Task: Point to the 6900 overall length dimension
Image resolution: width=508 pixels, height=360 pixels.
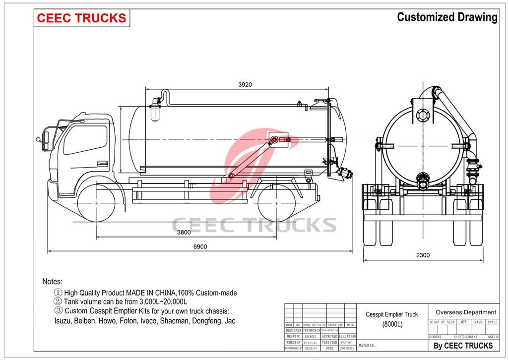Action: click(200, 246)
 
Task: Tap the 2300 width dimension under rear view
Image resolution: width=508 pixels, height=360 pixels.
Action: click(423, 255)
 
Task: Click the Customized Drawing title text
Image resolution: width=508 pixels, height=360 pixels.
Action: click(447, 17)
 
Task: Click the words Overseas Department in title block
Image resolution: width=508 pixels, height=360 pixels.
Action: click(465, 312)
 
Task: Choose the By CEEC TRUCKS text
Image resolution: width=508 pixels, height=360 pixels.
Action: click(463, 346)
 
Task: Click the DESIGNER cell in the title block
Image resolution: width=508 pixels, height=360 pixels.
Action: click(293, 330)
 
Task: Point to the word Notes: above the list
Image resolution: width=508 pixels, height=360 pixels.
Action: click(53, 281)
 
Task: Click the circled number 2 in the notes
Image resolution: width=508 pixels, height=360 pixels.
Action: click(58, 301)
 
